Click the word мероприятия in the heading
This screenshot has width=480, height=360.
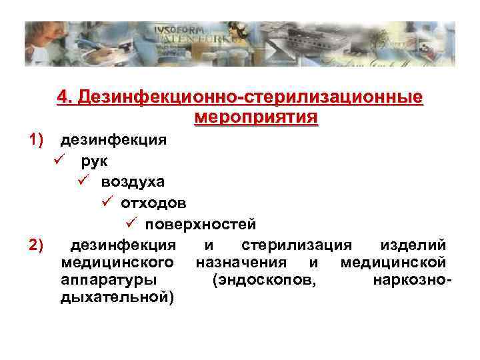click(x=256, y=118)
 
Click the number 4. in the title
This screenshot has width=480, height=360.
click(x=65, y=98)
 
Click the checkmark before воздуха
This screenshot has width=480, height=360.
click(x=83, y=181)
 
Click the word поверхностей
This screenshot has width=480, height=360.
click(x=201, y=223)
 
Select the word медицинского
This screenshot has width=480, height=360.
click(x=117, y=262)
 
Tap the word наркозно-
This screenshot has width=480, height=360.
click(x=413, y=279)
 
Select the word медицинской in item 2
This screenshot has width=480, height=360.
click(x=393, y=262)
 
